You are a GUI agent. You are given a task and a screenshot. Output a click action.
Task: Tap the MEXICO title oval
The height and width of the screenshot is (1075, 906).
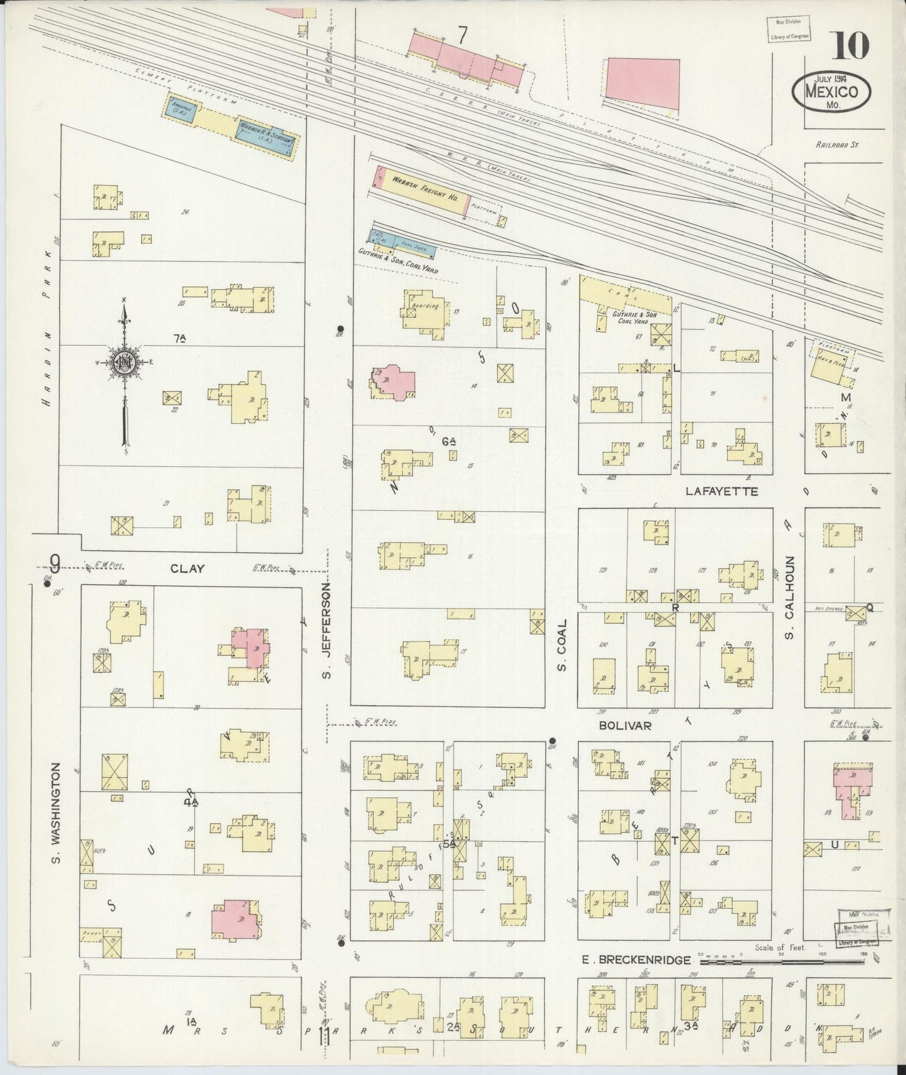831,92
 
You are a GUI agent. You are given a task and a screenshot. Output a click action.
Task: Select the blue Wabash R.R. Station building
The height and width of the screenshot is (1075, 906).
266,136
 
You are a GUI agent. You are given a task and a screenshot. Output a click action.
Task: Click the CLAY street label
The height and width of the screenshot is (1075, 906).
187,568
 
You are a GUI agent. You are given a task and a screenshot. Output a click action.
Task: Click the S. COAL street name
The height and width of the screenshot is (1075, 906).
562,645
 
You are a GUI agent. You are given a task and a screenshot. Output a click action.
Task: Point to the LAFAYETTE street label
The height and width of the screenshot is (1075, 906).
722,492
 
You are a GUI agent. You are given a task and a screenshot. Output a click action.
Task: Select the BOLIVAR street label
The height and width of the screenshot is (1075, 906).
625,725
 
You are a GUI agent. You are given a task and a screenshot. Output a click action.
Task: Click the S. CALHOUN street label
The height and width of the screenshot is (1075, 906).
790,598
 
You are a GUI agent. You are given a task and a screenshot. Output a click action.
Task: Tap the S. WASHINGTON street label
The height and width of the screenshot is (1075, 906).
56,812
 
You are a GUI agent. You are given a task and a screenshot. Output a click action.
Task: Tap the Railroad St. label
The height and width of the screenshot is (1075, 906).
837,144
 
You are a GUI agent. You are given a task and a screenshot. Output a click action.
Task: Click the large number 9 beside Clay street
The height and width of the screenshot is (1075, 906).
55,565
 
